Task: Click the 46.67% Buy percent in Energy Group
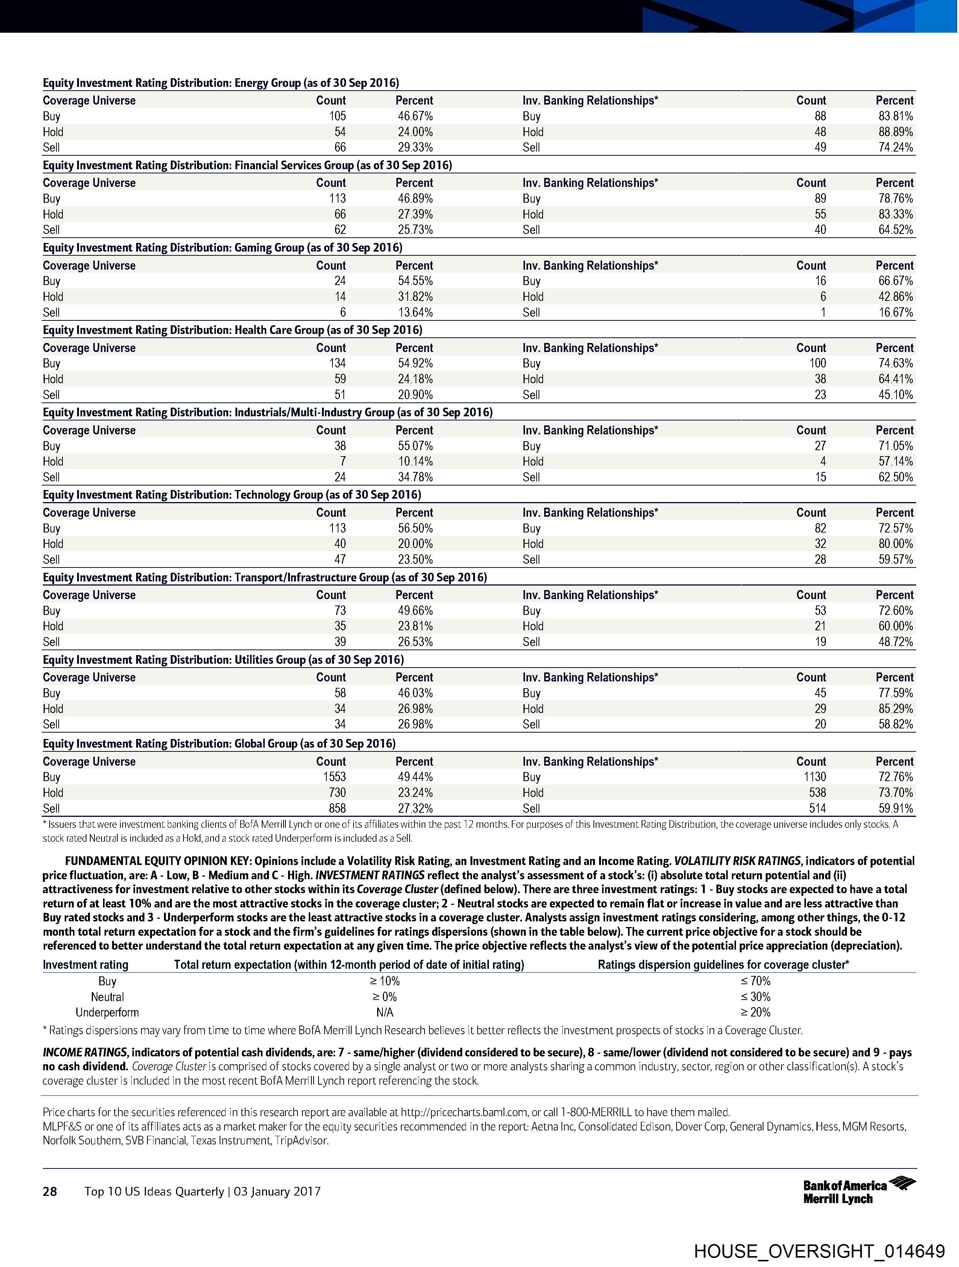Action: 415,116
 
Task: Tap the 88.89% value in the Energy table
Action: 895,132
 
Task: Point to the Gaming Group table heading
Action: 222,248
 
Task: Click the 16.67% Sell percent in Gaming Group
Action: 895,313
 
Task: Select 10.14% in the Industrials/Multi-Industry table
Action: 415,462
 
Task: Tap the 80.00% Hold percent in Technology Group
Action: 895,544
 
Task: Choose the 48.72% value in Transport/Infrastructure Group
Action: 895,642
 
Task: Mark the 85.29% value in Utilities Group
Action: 895,709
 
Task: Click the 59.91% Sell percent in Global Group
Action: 895,809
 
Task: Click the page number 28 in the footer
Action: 50,1192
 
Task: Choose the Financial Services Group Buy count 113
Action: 337,199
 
